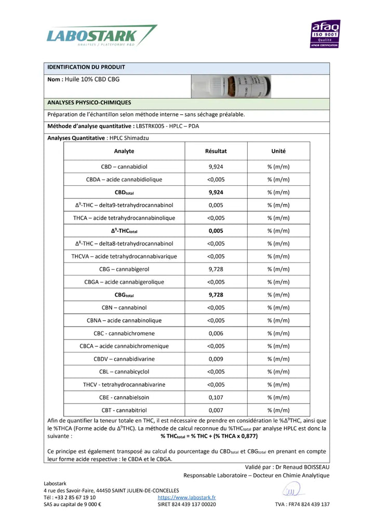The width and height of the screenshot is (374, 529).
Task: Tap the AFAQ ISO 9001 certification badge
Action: [326, 34]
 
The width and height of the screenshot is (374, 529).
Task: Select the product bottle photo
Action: [231, 87]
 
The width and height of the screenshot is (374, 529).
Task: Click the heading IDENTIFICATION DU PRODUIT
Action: [86, 67]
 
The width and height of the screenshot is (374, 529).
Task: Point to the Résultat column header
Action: [216, 151]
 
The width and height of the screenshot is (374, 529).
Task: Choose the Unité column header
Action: [278, 151]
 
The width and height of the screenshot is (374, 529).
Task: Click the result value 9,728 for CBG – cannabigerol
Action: [216, 269]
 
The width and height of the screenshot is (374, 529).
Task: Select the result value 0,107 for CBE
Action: [216, 398]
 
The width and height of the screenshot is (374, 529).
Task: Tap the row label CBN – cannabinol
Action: [124, 308]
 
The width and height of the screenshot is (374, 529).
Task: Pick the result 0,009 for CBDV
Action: [216, 359]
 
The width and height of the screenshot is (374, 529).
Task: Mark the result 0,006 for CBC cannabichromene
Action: [216, 333]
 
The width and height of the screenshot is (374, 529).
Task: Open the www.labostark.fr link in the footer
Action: [186, 497]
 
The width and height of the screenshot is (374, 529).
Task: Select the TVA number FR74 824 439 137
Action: [302, 504]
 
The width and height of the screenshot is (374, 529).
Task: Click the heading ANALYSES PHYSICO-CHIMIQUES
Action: [89, 103]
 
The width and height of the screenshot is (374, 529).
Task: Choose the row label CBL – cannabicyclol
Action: [124, 372]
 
